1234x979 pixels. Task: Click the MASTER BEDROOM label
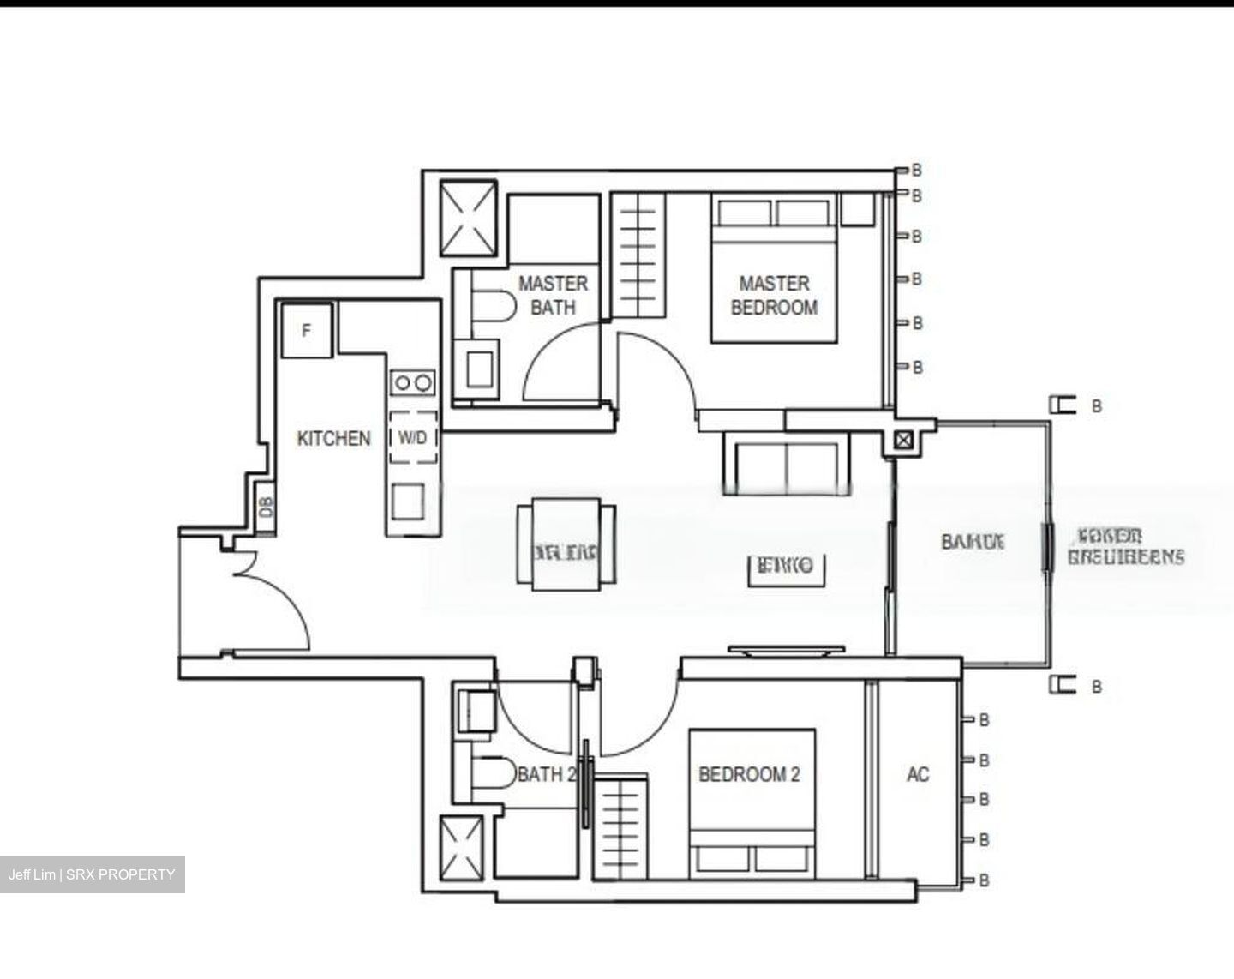(x=773, y=295)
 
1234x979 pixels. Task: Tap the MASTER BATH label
(x=553, y=295)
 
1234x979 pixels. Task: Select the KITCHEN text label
(x=333, y=438)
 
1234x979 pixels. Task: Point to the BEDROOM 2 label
(x=749, y=775)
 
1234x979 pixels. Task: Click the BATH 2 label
(x=545, y=775)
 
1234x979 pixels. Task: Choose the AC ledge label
(x=917, y=775)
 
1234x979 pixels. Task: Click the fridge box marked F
(x=307, y=330)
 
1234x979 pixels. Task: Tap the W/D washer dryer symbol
(x=412, y=438)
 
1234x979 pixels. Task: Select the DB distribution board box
(x=267, y=507)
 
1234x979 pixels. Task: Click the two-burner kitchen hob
(x=412, y=382)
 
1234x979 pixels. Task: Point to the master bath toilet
(x=488, y=306)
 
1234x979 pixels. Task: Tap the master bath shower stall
(x=469, y=218)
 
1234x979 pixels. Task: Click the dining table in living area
(x=566, y=546)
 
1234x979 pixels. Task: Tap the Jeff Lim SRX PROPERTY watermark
(x=92, y=874)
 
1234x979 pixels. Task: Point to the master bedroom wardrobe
(x=638, y=255)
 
